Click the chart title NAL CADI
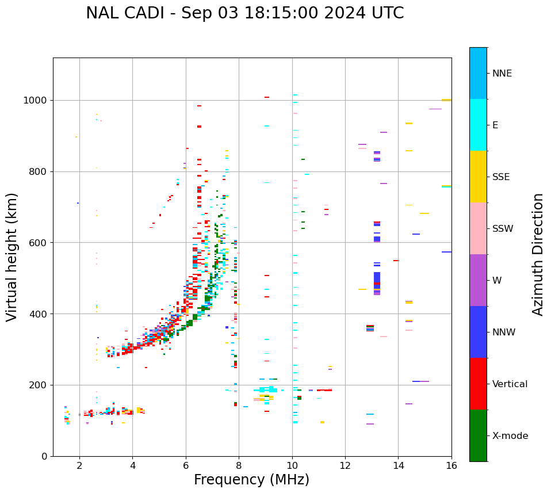pyautogui.click(x=244, y=13)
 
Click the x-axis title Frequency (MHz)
pyautogui.click(x=251, y=480)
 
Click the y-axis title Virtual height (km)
pyautogui.click(x=12, y=257)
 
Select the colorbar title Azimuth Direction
pyautogui.click(x=538, y=254)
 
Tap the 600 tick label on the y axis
pyautogui.click(x=40, y=243)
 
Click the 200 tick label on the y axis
pyautogui.click(x=40, y=385)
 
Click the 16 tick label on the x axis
pyautogui.click(x=451, y=465)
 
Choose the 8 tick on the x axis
pyautogui.click(x=239, y=465)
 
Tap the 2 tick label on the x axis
pyautogui.click(x=79, y=465)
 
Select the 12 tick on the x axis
pyautogui.click(x=345, y=465)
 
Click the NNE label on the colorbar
pyautogui.click(x=502, y=74)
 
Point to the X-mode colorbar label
pyautogui.click(x=510, y=436)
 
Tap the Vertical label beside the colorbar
pyautogui.click(x=510, y=384)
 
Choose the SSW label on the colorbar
pyautogui.click(x=503, y=229)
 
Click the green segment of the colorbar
pyautogui.click(x=478, y=435)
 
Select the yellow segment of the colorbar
pyautogui.click(x=478, y=177)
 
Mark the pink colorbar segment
pyautogui.click(x=478, y=228)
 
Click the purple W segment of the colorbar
pyautogui.click(x=478, y=280)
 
